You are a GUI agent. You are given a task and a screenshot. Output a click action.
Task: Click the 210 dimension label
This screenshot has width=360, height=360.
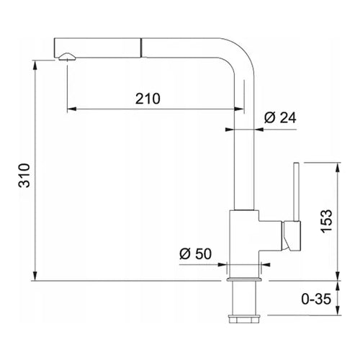coord(148,99)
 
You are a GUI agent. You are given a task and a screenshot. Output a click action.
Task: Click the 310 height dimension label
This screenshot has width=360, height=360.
coord(24,176)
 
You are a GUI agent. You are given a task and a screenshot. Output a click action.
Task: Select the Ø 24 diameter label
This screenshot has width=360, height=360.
coord(280,117)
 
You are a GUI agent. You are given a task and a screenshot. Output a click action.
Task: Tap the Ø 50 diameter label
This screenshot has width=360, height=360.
coord(196,253)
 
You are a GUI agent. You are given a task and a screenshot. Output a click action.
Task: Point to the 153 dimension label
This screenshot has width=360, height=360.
coord(327,221)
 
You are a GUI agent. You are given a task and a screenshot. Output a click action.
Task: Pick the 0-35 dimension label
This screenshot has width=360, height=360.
coord(316,299)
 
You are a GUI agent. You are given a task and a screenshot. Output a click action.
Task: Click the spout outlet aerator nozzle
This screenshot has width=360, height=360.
coord(67,57)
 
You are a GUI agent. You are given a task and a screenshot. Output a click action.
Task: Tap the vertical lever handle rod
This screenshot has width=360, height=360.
coord(296,192)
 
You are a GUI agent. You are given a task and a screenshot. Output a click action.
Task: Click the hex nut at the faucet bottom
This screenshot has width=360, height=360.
coord(244,318)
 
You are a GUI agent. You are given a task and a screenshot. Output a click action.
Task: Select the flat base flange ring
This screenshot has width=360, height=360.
coord(244,279)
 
